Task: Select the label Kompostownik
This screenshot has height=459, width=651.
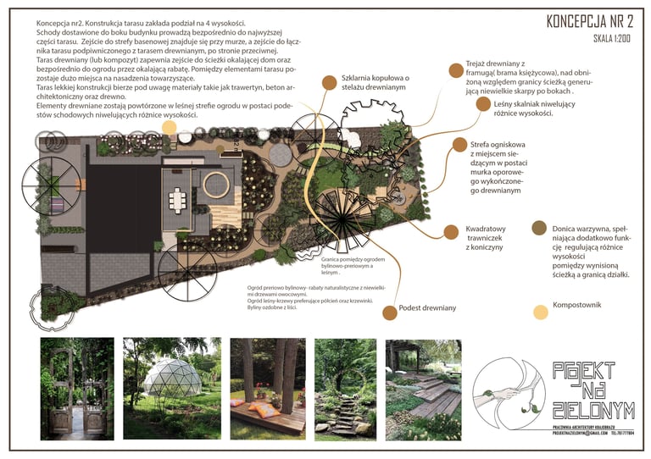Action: coord(577,305)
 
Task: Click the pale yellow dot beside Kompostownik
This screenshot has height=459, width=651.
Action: coord(540,312)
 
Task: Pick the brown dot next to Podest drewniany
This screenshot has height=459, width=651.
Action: coord(389,312)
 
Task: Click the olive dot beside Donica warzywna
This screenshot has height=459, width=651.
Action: coord(538,228)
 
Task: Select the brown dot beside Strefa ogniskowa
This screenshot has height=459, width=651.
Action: coord(459,146)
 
